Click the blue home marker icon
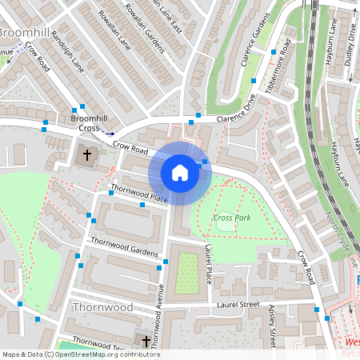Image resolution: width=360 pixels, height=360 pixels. click(x=180, y=172)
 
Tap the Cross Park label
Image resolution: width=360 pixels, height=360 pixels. click(x=232, y=218)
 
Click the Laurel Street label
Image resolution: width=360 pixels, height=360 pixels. click(x=238, y=304)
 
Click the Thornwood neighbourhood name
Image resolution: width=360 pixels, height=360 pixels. click(x=102, y=306)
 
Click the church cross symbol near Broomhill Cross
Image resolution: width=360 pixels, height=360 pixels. click(x=88, y=154)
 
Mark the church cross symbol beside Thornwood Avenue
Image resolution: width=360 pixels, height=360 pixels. click(x=146, y=342)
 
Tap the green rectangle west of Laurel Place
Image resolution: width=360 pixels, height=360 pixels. click(x=186, y=272)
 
